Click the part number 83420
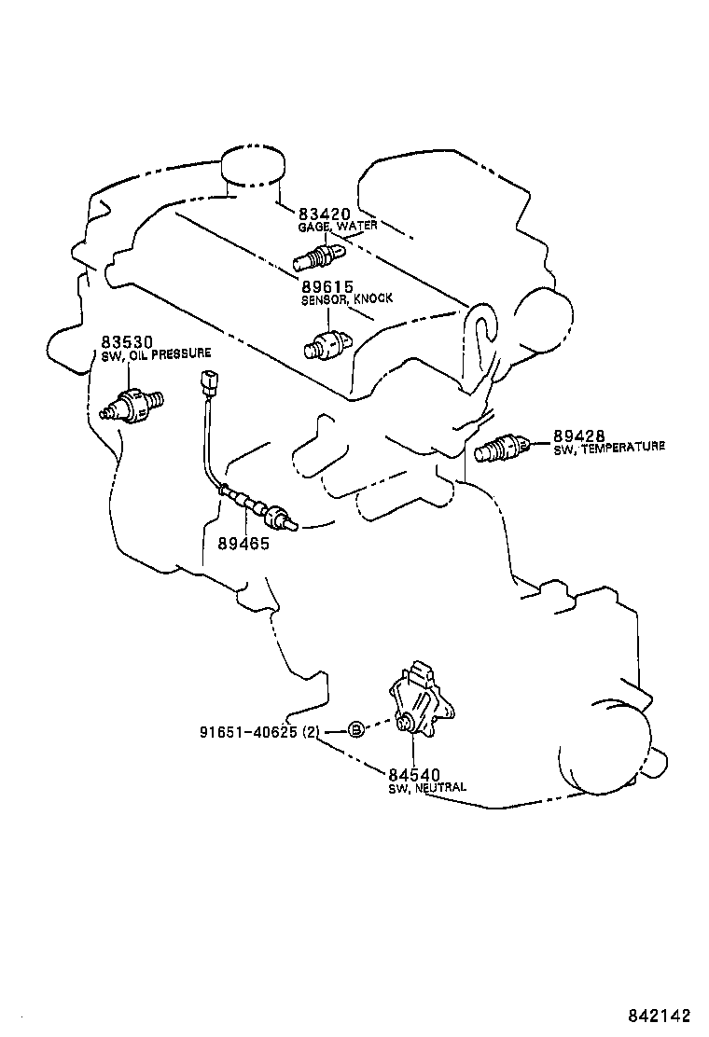coord(324,214)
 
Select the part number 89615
coord(327,287)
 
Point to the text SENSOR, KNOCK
coord(346,298)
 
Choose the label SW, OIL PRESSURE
coord(156,354)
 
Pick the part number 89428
coord(579,436)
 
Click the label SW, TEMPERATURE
coord(608,448)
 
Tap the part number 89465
coord(243,543)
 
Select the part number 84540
coord(413,775)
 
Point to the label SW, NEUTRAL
coord(427,788)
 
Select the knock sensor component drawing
coord(329,343)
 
